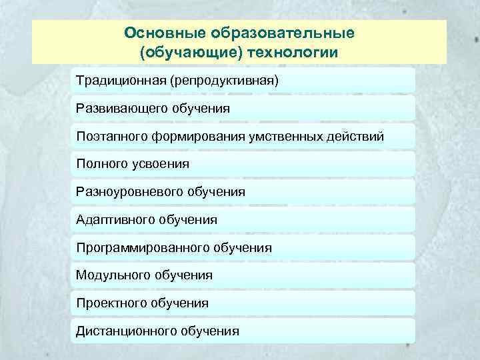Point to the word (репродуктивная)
coord(224,80)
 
